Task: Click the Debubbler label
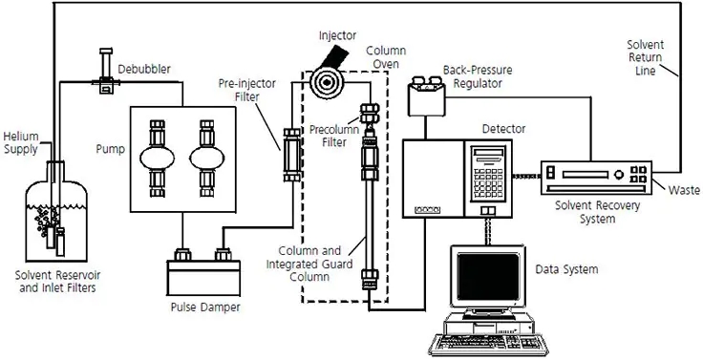point(144,70)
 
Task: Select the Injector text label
point(337,35)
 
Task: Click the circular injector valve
point(327,83)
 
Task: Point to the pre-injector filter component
point(292,155)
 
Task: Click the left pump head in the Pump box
point(157,159)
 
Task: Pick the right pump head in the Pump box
point(206,159)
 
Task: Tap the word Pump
point(110,148)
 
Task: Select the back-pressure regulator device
point(426,95)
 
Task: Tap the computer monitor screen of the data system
point(488,277)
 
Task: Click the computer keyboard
point(489,345)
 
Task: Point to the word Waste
point(684,190)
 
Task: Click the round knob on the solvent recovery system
point(619,174)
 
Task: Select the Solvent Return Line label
point(645,57)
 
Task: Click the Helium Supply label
point(21,142)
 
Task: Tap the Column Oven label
point(386,57)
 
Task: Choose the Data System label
point(566,269)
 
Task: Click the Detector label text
point(503,129)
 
